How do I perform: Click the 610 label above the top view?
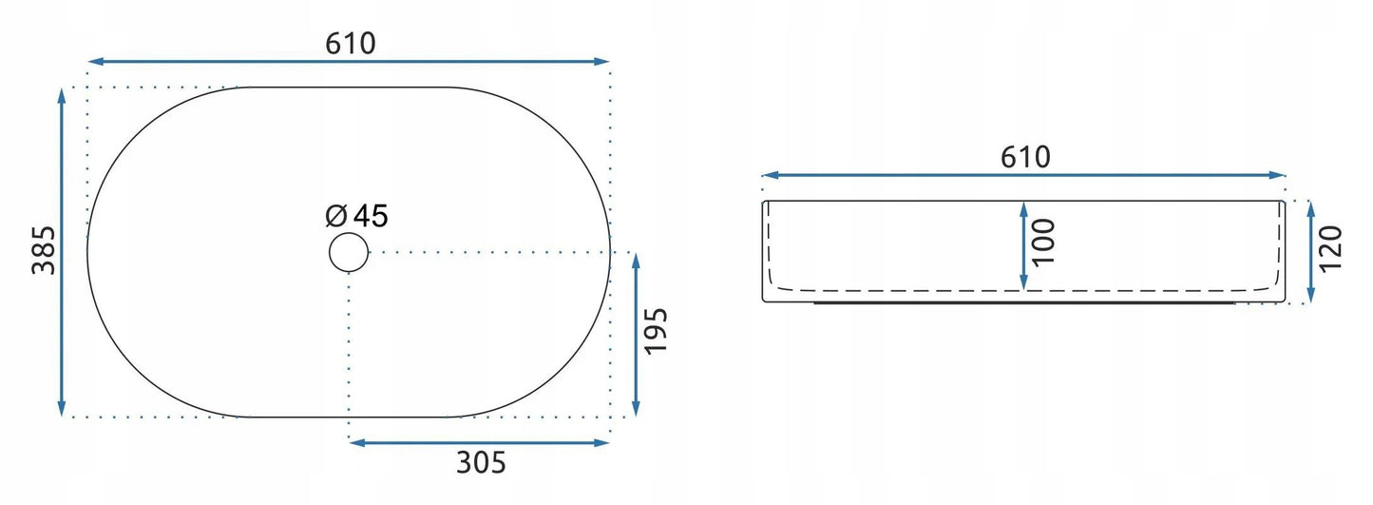[350, 44]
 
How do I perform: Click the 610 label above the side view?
[1025, 158]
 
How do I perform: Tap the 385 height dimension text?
[44, 250]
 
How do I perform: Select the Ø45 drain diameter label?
[356, 215]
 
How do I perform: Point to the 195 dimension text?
[656, 331]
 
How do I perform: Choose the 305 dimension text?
[481, 462]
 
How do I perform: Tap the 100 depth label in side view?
[1042, 243]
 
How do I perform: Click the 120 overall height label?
[1330, 249]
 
